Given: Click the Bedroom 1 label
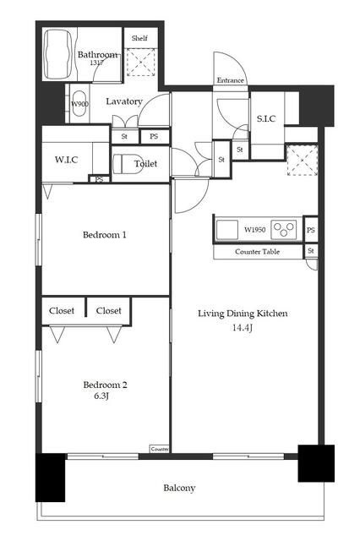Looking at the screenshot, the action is (x=105, y=235).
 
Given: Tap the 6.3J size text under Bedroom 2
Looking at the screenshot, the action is (x=101, y=396).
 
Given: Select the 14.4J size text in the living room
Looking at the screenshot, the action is (x=242, y=328).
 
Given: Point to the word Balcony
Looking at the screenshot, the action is (x=179, y=489).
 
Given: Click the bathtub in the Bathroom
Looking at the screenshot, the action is (x=58, y=54).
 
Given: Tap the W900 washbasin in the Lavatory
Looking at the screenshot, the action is (x=80, y=103).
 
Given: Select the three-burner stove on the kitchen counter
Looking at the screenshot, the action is (x=284, y=229).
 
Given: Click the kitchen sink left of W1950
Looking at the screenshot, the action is (x=226, y=229).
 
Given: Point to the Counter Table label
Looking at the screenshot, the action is (x=257, y=252).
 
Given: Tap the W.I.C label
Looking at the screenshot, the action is (x=66, y=160).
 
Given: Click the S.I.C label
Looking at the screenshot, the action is (x=266, y=118).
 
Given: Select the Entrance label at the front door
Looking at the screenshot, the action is (x=230, y=80).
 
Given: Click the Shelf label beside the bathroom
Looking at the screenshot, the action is (x=139, y=38).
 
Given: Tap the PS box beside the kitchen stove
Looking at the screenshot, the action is (x=311, y=230).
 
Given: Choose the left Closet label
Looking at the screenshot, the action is (x=62, y=310).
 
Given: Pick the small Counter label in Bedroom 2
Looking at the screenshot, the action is (x=160, y=449).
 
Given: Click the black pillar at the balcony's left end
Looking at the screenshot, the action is (x=51, y=478).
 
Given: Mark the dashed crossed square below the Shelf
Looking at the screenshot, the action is (x=140, y=62).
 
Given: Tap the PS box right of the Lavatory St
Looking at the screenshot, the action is (x=154, y=136).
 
